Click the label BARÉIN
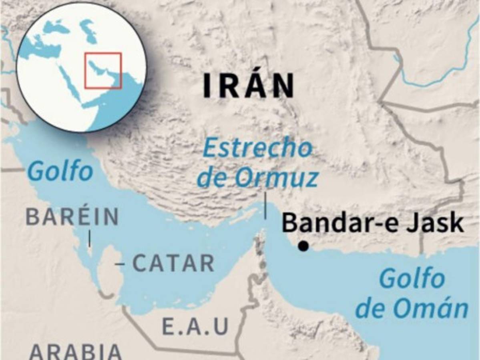[72, 218]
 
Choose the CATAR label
[173, 264]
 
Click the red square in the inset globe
[103, 70]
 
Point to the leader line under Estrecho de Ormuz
[266, 206]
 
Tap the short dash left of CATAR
[119, 264]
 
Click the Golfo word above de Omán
[412, 279]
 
